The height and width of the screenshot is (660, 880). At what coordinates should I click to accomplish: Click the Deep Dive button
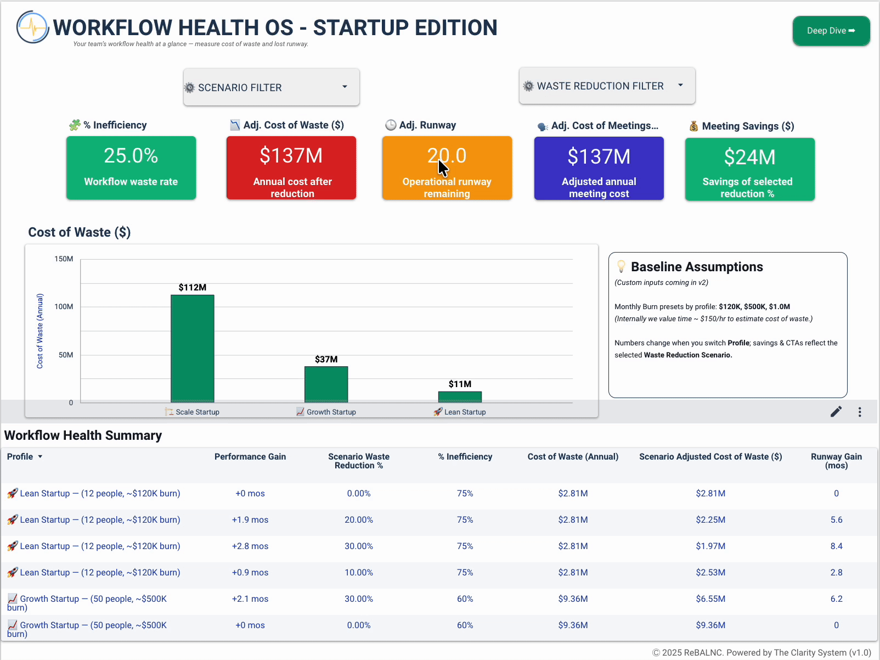coord(831,31)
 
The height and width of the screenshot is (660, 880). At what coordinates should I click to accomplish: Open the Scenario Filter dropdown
coord(272,87)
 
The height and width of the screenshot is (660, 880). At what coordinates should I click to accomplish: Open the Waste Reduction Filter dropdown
coord(607,86)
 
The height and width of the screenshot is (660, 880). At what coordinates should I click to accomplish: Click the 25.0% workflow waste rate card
coord(131,167)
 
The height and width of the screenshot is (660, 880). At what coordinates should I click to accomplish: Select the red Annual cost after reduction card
coord(291,167)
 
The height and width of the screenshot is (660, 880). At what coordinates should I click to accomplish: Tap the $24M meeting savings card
coord(749,169)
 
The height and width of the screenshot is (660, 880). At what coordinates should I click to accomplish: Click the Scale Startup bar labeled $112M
coord(193,348)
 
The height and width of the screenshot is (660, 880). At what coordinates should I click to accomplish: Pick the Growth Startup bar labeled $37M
coord(326,384)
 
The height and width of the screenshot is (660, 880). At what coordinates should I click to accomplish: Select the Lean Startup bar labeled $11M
coord(460,396)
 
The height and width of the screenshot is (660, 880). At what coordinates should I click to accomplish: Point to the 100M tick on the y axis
coord(64,306)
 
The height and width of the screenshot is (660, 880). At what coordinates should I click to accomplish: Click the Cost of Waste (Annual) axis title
coord(40,331)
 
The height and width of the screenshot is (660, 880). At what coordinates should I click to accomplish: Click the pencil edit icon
coord(836,412)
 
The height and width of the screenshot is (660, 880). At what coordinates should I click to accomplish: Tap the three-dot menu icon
coord(860,412)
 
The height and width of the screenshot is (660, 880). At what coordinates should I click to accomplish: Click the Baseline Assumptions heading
coord(697,267)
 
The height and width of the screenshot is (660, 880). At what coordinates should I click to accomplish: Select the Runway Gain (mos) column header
coord(836,461)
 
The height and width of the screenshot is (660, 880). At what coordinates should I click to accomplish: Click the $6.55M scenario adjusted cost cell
coord(710,599)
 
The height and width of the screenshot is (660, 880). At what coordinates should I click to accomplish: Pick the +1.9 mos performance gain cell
coord(250,520)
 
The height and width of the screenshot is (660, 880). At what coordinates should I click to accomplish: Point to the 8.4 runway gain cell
coord(836,546)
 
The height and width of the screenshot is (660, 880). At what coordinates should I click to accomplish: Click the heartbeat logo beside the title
coord(33,27)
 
